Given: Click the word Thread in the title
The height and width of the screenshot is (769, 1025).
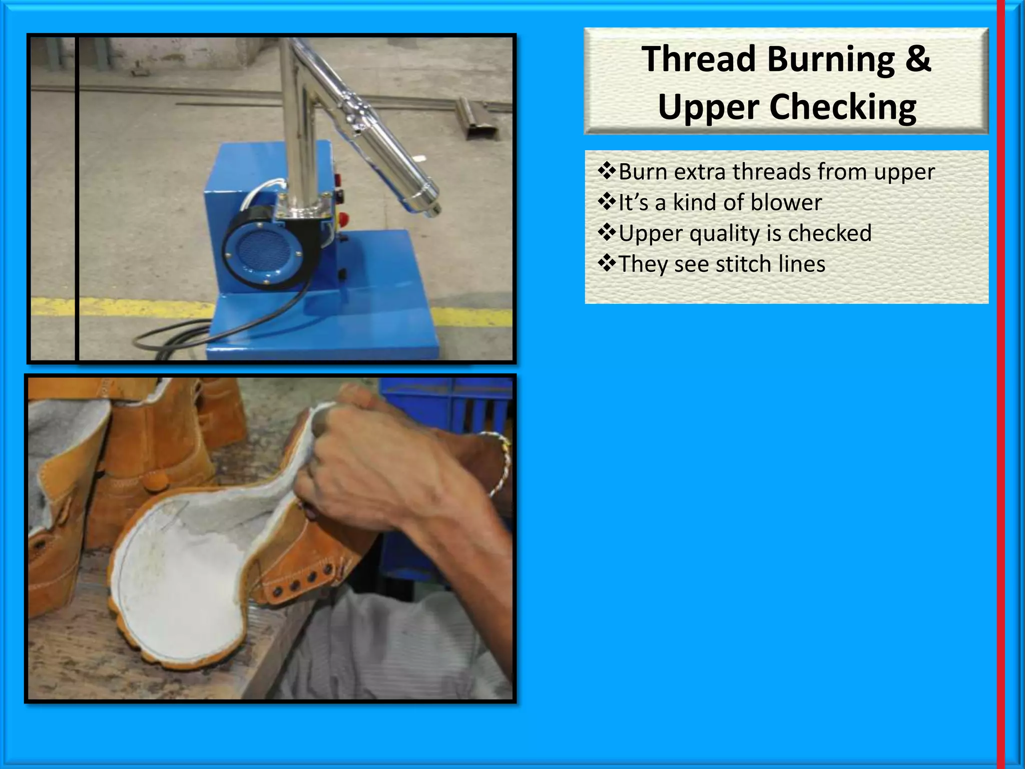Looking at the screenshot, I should (x=699, y=60).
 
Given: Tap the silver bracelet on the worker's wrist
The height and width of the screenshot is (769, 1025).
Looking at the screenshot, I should (x=500, y=466).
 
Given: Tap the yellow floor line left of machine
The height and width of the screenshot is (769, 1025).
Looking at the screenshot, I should (x=120, y=306).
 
